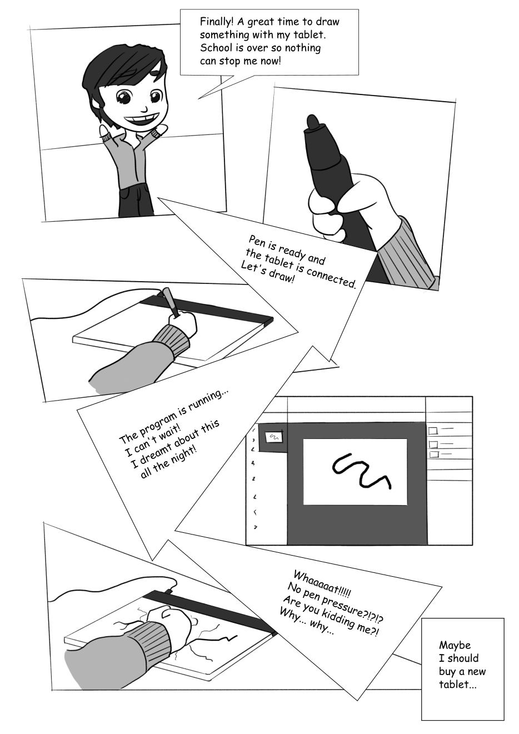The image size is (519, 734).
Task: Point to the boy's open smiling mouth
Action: [146, 120]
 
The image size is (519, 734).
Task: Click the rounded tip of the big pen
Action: [313, 122]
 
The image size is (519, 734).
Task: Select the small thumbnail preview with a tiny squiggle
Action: [273, 437]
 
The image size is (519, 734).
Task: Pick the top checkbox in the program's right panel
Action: [433, 431]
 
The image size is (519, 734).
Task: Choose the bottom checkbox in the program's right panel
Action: [434, 455]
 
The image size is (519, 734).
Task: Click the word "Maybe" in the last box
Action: [455, 646]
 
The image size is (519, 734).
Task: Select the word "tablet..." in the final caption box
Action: [458, 685]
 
